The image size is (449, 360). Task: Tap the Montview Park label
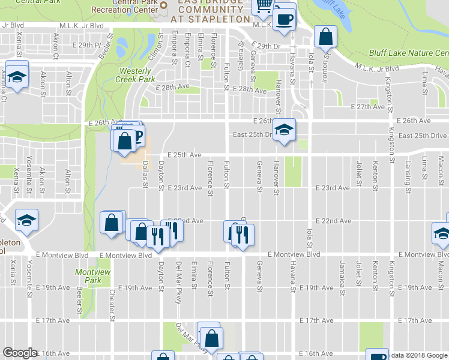(89, 276)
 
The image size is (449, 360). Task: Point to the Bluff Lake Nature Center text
(409, 53)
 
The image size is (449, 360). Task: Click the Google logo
(20, 353)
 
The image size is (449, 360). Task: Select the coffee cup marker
(285, 18)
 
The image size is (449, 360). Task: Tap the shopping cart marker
(263, 7)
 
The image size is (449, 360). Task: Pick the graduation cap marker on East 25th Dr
(283, 129)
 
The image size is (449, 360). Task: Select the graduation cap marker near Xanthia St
(17, 77)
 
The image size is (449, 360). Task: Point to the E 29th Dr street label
(267, 46)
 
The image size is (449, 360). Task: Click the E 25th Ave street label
(184, 155)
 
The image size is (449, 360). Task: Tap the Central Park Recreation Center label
(125, 8)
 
